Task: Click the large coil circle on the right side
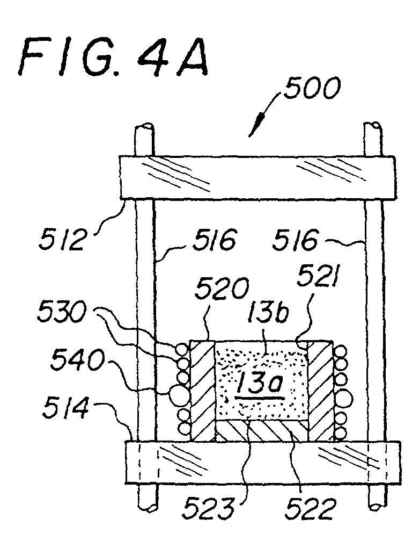tap(344, 398)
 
